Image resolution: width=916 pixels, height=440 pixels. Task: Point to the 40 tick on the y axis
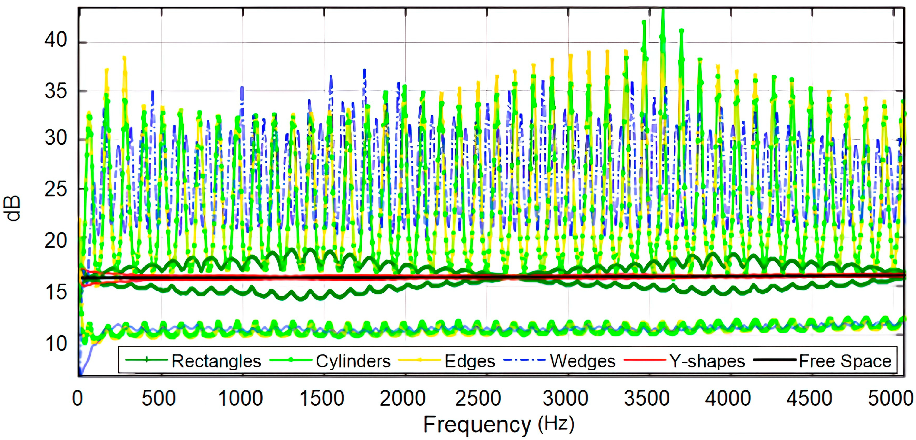click(x=56, y=40)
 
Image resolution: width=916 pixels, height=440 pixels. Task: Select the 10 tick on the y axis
click(x=56, y=344)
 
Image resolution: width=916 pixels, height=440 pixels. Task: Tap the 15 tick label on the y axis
click(x=56, y=292)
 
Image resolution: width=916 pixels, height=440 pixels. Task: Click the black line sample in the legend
click(x=774, y=360)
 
